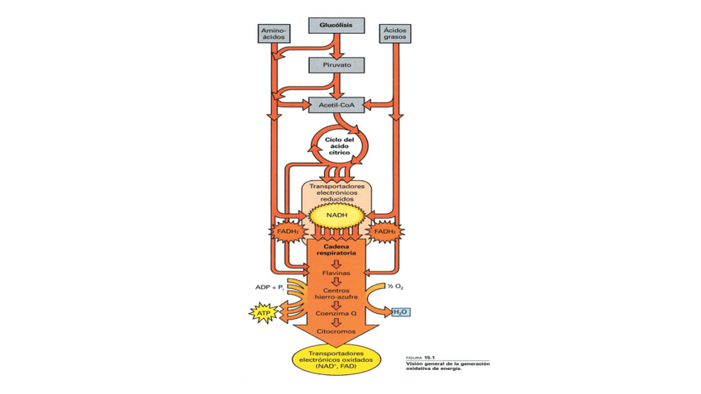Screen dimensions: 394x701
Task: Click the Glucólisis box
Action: (x=336, y=26)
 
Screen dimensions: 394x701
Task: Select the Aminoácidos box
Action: (x=274, y=34)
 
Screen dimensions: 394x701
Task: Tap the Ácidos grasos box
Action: (x=394, y=34)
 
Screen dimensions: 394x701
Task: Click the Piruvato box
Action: (x=336, y=64)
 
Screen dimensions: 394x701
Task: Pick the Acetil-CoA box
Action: (x=336, y=105)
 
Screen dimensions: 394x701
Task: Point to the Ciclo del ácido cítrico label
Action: (x=338, y=146)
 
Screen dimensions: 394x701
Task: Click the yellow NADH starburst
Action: (x=336, y=216)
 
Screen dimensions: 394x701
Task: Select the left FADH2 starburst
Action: (x=287, y=232)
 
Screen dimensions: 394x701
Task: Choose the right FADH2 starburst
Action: (x=384, y=232)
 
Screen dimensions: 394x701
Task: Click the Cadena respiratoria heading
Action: (x=336, y=249)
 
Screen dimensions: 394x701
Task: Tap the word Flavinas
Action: (x=336, y=273)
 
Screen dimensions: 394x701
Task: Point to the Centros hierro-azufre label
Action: (x=336, y=294)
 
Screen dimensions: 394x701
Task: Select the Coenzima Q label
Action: (x=336, y=314)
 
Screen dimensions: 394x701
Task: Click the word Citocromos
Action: (x=336, y=332)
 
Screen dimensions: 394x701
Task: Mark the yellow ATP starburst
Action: (x=263, y=314)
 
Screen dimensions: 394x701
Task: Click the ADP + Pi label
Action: (x=269, y=287)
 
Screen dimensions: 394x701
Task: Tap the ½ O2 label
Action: (x=395, y=287)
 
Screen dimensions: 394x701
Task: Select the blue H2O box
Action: (x=400, y=312)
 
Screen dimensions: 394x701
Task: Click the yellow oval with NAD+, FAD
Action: (x=336, y=360)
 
